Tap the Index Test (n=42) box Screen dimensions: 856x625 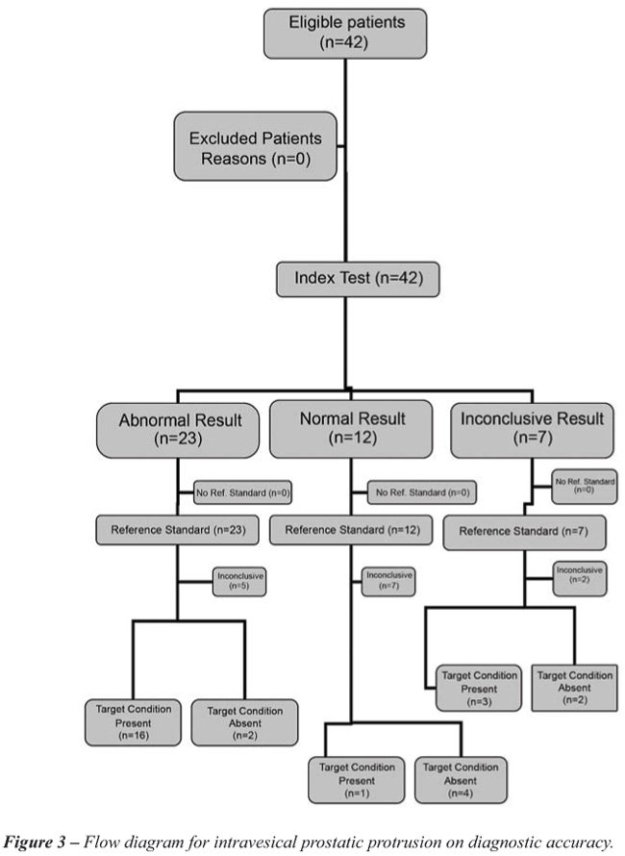coord(357,280)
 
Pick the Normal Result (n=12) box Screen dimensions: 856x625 coord(352,428)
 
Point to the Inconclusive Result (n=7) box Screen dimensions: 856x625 coord(532,429)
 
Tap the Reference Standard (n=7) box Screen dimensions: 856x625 coord(517,530)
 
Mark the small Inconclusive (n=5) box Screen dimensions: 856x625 coord(238,581)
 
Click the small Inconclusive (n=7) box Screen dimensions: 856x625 coord(388,581)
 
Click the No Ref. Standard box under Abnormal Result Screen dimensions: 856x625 coord(242,491)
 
